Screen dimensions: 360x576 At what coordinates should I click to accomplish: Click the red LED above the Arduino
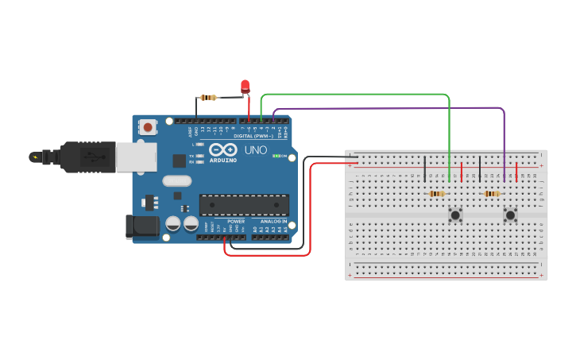[x=245, y=85]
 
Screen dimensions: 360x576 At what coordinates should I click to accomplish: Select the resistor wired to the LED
[x=208, y=98]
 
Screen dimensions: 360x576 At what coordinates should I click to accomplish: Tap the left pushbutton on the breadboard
[x=455, y=215]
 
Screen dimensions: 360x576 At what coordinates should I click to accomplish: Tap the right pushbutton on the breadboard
[x=510, y=215]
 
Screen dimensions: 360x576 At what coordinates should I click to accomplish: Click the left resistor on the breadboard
[x=436, y=193]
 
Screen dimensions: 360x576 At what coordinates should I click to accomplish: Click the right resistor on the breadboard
[x=492, y=193]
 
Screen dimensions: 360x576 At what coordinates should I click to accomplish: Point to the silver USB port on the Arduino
[x=136, y=157]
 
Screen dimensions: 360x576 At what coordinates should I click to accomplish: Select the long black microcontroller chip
[x=244, y=204]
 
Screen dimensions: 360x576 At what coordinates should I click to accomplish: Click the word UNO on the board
[x=255, y=149]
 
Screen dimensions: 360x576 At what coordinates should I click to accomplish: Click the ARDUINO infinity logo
[x=223, y=149]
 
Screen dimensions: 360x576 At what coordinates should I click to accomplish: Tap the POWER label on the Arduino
[x=236, y=222]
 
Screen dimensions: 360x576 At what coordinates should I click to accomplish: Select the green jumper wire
[x=358, y=95]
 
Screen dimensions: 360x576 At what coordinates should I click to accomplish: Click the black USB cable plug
[x=87, y=157]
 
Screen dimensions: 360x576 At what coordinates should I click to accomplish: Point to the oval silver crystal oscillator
[x=177, y=180]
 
